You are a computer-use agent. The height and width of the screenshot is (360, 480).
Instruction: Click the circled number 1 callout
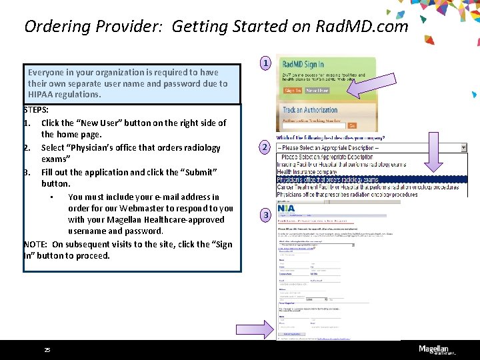[265, 64]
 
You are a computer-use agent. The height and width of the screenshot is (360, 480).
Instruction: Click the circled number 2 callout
[265, 147]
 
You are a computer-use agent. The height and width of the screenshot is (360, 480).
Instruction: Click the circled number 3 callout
[265, 215]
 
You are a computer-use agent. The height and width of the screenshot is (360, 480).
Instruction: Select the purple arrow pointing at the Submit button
[254, 327]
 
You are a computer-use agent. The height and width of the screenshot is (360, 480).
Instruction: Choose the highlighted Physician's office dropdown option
[327, 179]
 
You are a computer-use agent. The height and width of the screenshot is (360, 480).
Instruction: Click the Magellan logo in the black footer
[437, 349]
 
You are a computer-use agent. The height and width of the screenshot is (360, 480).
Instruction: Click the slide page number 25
[47, 350]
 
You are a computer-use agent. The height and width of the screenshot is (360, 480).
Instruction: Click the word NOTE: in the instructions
[35, 244]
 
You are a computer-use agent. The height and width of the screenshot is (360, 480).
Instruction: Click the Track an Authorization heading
[310, 110]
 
